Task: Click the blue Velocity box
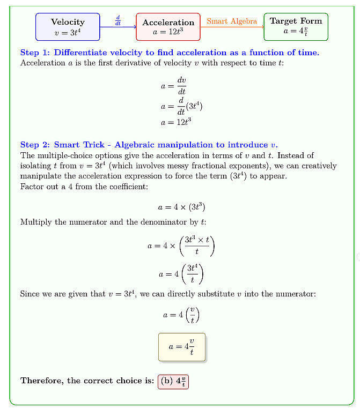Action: coord(68,27)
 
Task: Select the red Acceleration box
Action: coord(168,27)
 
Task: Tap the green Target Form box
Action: coord(296,26)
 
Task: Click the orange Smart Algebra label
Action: coord(232,21)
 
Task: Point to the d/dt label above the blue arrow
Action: coord(118,20)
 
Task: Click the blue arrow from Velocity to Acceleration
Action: coord(118,27)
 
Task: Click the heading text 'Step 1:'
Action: coord(35,53)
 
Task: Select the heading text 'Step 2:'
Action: coord(35,145)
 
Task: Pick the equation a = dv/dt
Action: coord(173,86)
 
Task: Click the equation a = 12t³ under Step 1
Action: coord(176,122)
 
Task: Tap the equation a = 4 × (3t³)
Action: coord(181,207)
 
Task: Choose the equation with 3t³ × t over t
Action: coord(181,246)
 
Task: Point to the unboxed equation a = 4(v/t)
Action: coord(181,314)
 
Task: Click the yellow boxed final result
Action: coord(181,347)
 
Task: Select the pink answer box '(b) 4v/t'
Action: coord(173,381)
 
